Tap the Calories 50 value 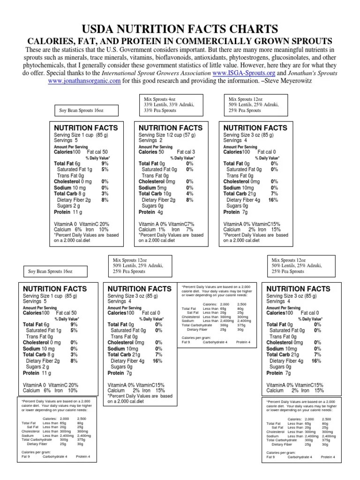tap(151, 152)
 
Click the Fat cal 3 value tap(186, 152)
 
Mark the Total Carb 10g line tap(155, 194)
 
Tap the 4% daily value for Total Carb tap(189, 194)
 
